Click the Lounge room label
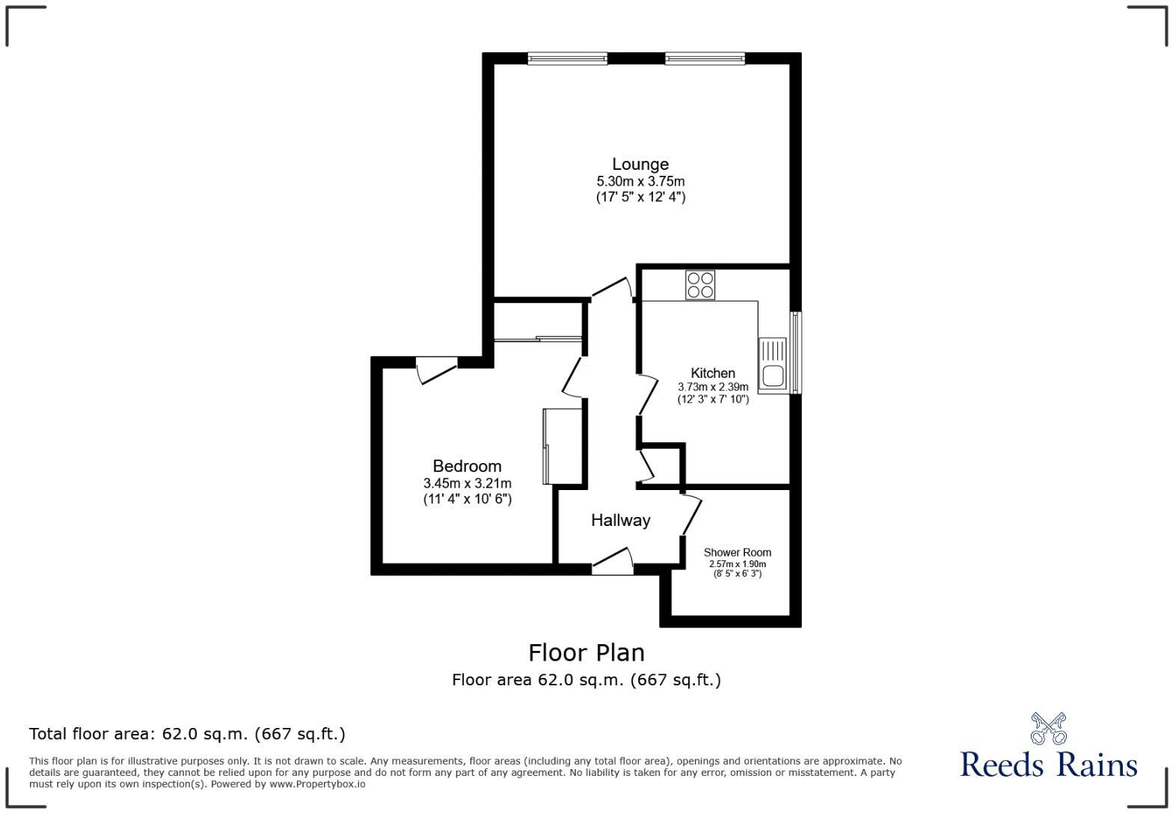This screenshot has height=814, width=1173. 640,164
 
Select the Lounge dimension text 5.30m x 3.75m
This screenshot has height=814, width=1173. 640,181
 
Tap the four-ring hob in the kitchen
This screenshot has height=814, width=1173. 700,285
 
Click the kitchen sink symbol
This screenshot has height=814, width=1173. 772,364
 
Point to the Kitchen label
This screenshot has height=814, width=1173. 713,373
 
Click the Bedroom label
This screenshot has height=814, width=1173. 467,466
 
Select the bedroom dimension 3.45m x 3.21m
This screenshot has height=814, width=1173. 467,483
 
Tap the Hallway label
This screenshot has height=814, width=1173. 620,520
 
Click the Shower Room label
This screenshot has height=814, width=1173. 737,552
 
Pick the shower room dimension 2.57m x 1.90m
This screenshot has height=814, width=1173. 737,564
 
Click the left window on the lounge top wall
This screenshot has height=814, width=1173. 567,58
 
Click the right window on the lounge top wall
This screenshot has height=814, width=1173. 705,58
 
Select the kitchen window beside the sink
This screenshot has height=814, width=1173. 796,352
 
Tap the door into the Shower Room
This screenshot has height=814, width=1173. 691,515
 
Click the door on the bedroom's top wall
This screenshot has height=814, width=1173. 437,370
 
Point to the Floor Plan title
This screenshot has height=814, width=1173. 586,652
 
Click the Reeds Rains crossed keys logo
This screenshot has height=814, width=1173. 1048,728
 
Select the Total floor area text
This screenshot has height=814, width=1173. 187,734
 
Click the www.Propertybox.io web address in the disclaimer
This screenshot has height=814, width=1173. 317,784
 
